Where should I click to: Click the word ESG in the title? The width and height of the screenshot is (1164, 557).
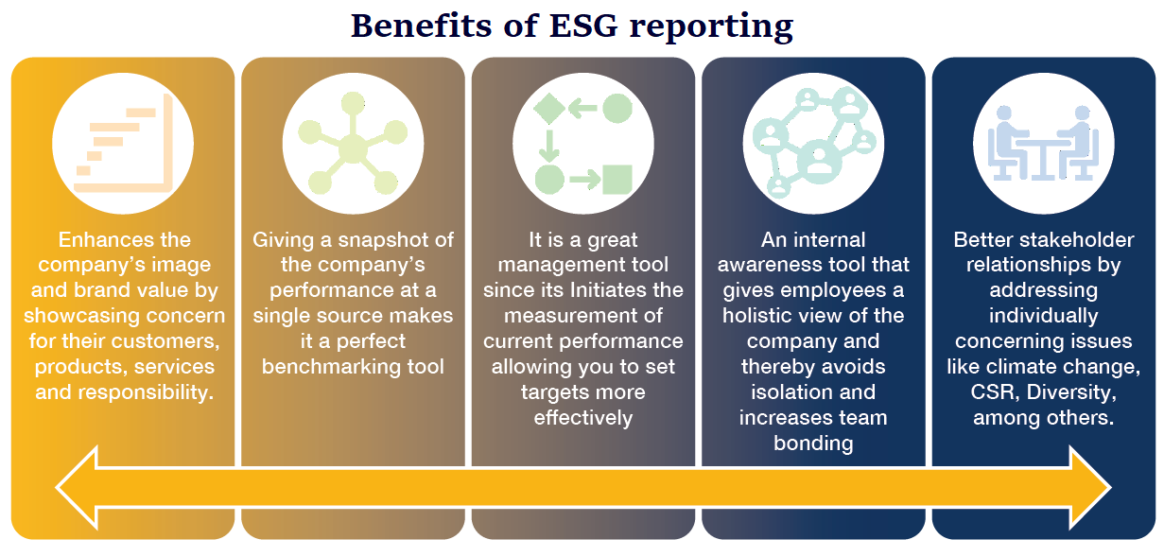pos(584,26)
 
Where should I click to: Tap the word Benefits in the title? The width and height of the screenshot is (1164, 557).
pos(421,26)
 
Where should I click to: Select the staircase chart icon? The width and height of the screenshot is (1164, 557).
pos(124,144)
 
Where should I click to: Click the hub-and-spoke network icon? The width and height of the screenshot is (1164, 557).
pos(353,144)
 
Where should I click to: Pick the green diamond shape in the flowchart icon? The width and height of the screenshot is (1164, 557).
pos(549,109)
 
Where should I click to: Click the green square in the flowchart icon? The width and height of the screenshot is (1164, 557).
pos(617,180)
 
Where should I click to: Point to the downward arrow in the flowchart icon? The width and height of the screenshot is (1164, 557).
pos(548,146)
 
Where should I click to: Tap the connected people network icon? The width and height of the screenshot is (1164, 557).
pos(814,143)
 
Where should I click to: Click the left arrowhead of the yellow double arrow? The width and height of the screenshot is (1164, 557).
pos(77,487)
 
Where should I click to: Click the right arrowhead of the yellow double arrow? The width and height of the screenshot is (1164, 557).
pos(1090,487)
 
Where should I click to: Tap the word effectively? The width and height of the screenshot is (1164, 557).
pos(583,418)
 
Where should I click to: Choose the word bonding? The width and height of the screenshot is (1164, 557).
pos(813,444)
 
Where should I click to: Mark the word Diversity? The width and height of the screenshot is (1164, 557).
pos(1071,392)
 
